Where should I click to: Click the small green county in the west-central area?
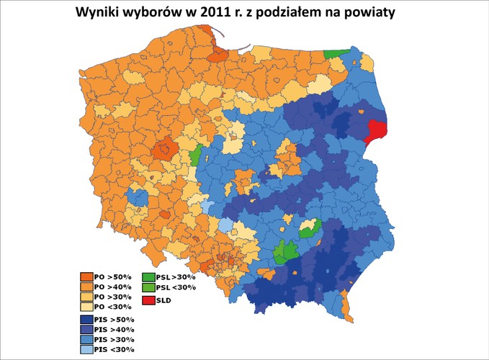tap(195, 156)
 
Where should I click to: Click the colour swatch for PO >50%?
tap(86, 276)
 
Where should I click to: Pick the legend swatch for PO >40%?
tap(86, 286)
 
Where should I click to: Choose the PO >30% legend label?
tap(109, 296)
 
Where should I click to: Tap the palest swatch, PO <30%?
tap(86, 306)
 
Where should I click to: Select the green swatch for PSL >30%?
tap(148, 276)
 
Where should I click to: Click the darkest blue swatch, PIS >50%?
tap(86, 319)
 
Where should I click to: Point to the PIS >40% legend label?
tap(110, 329)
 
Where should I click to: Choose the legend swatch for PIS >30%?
tap(86, 338)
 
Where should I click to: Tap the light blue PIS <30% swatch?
tap(86, 348)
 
